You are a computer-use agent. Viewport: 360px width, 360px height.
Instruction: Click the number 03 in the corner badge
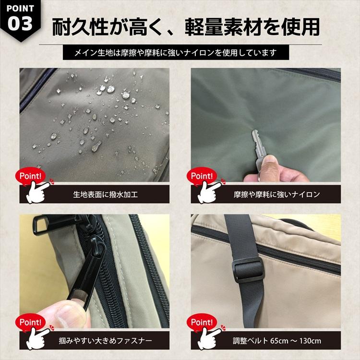[20, 23]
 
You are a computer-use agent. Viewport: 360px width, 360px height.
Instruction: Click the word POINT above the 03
[20, 8]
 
